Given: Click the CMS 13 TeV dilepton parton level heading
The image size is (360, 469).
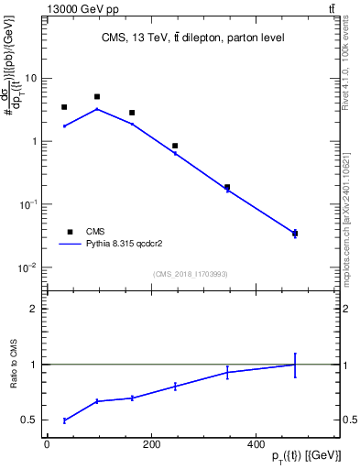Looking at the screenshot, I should [x=192, y=38].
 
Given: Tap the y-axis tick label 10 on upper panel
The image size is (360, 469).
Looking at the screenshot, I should [x=30, y=78].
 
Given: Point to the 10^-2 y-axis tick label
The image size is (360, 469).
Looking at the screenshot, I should [x=28, y=268].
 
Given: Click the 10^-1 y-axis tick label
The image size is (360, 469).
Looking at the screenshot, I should [x=28, y=205].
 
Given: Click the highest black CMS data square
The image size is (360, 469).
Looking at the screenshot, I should [x=97, y=96].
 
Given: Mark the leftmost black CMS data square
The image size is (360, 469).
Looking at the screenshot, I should [x=64, y=107].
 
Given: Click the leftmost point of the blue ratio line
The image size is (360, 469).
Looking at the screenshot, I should [x=64, y=420].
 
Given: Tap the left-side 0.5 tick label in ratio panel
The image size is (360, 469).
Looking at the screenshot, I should [x=32, y=420].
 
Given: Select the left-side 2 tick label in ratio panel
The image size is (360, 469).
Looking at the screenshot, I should [x=35, y=309].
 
